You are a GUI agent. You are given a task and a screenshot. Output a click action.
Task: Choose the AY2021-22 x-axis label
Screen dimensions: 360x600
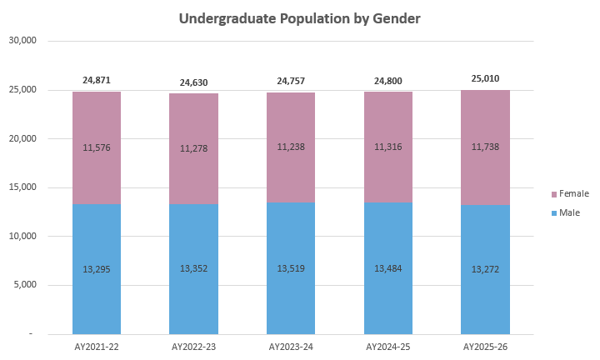[x=97, y=345]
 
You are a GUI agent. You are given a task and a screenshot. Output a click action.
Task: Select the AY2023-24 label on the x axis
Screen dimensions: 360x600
[x=291, y=345]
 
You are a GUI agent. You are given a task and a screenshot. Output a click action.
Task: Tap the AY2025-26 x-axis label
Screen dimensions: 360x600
[x=485, y=345]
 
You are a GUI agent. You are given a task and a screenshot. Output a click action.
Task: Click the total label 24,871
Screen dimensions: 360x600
[x=97, y=81]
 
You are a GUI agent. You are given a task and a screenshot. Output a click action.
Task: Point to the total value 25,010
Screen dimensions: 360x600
[x=485, y=79]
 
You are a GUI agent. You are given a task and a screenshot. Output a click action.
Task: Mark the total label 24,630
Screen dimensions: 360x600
[x=193, y=82]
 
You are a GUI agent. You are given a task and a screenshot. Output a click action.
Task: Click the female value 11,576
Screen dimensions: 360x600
[x=97, y=147]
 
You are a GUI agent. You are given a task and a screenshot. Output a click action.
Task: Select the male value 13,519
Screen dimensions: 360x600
[x=291, y=268]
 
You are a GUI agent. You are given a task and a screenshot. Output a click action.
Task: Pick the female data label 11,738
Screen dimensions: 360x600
[x=485, y=147]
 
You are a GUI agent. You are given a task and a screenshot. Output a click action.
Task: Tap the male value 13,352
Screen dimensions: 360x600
[x=193, y=268]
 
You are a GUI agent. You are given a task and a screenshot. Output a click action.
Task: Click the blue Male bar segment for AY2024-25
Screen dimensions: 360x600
[x=388, y=300]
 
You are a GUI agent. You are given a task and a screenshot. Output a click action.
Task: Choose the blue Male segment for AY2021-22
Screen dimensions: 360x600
[x=97, y=300]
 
